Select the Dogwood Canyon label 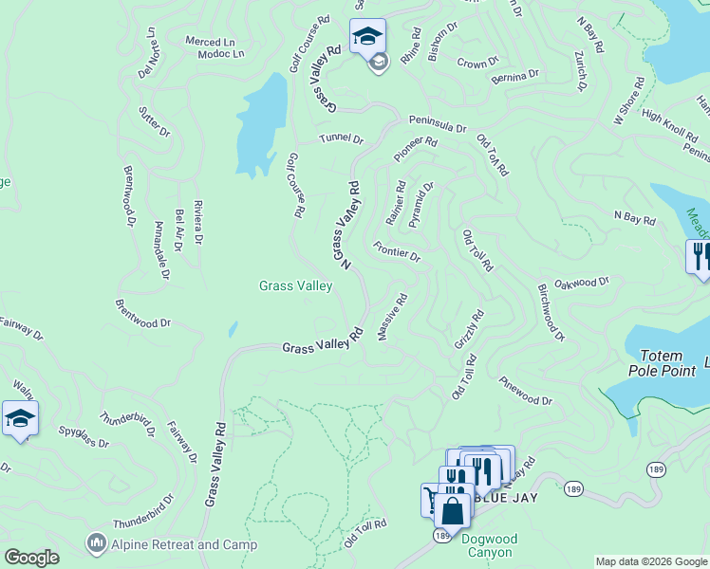(486, 546)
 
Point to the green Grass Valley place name (296, 285)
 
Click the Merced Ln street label (210, 42)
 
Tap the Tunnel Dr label (341, 138)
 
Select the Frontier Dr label (397, 251)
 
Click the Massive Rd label (392, 317)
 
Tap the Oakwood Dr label (581, 284)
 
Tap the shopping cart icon (435, 498)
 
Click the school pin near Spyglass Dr (20, 418)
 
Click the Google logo (31, 558)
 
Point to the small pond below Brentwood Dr (233, 329)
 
